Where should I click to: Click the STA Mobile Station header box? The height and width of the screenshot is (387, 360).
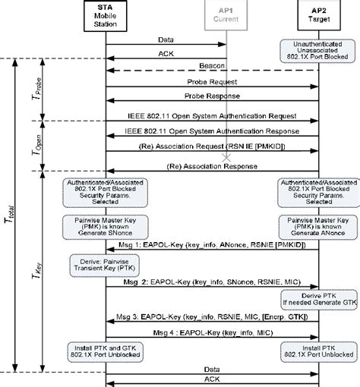click(105, 15)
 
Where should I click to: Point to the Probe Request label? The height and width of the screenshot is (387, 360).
click(211, 80)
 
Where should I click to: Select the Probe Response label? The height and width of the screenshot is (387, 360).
click(211, 97)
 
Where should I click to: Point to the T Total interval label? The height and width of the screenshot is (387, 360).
click(13, 204)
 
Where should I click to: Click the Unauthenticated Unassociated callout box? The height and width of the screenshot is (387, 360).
click(317, 49)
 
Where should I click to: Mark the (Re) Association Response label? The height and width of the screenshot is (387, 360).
click(211, 166)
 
